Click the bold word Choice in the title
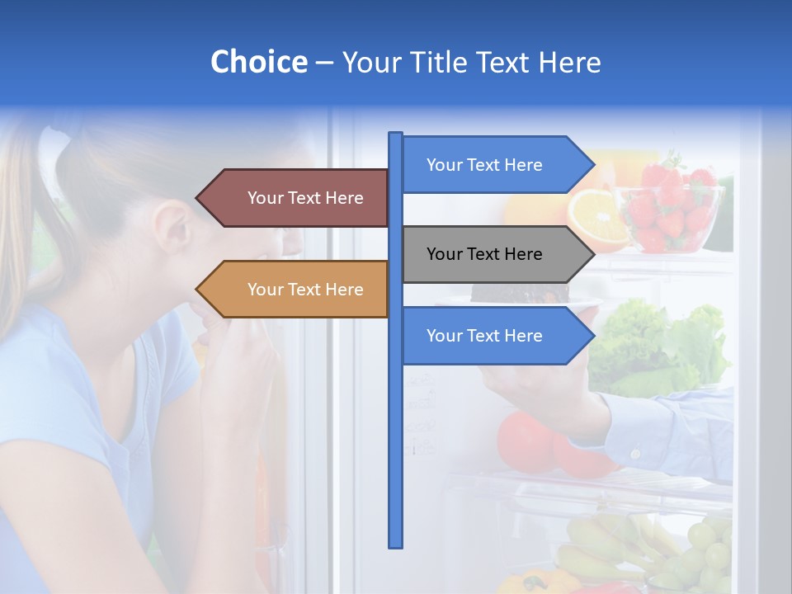(x=258, y=62)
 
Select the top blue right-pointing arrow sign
(x=495, y=165)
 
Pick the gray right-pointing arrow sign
(x=495, y=254)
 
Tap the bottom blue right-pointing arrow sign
(x=495, y=336)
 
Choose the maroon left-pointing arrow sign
(x=297, y=198)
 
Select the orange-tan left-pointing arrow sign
(x=297, y=290)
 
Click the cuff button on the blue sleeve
(x=635, y=453)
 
